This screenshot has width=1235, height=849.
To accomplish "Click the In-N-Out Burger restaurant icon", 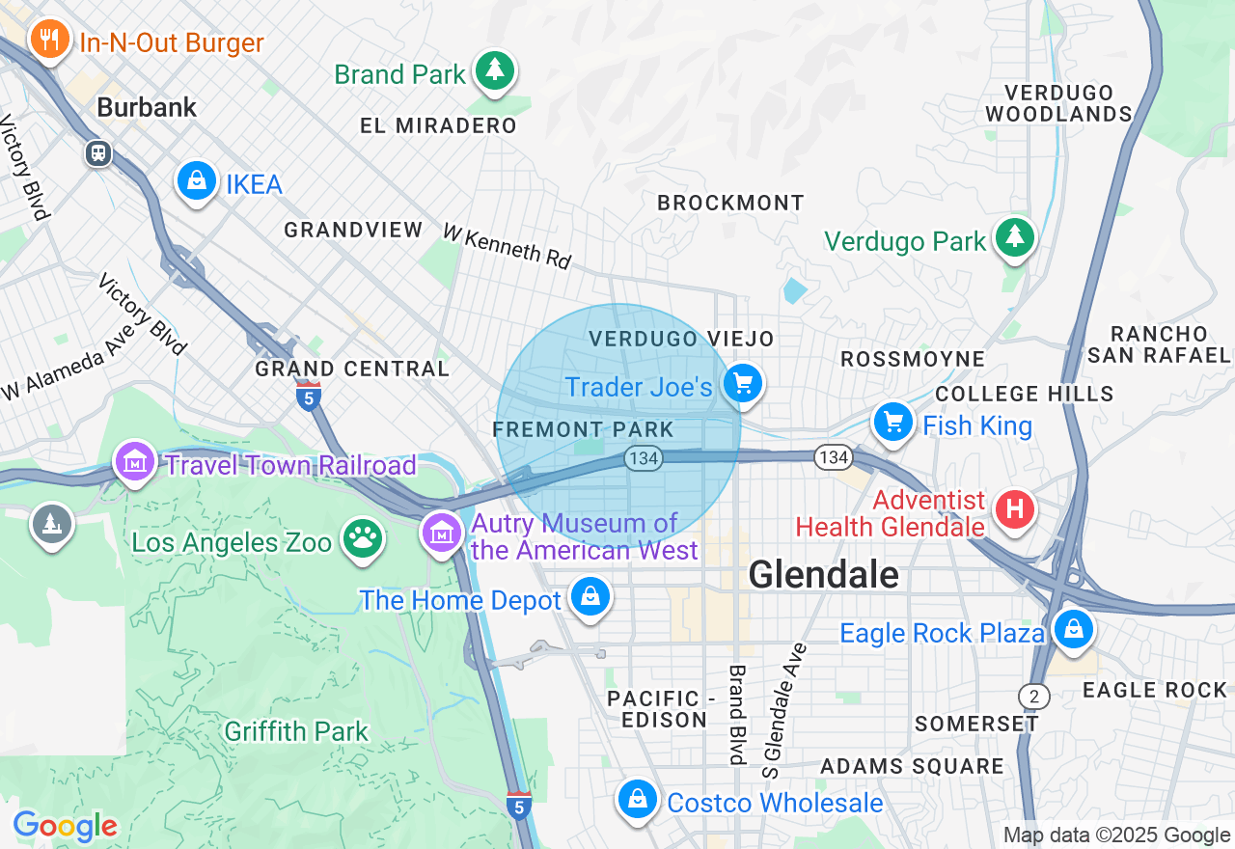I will tap(46, 40).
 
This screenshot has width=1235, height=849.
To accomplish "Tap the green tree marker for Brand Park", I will tap(495, 70).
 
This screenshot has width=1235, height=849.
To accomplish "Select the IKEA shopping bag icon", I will tap(197, 180).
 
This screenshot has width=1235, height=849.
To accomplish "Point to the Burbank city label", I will tap(147, 107).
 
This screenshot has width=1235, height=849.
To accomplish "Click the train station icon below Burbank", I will tap(98, 153).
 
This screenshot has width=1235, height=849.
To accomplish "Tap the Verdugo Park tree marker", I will tap(1013, 236).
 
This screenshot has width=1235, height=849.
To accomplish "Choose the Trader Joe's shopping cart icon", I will tap(742, 385).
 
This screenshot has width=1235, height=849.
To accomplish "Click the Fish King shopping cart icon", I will tap(893, 422).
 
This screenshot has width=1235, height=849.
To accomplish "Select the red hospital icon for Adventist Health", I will tap(1013, 507).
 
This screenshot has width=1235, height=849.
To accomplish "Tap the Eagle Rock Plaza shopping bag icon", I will tap(1072, 630).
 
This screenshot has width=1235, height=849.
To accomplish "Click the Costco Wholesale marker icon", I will tap(637, 799).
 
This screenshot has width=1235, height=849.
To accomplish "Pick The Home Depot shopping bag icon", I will tap(590, 597).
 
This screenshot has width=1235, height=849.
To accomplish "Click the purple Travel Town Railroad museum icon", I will tap(136, 462).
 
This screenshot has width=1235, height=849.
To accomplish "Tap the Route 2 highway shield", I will tap(1033, 697).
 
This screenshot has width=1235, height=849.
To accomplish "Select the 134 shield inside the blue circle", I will tap(643, 458).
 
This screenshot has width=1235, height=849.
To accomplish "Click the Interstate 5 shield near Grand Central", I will tap(309, 397).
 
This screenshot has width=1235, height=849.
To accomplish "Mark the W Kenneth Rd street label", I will tap(507, 246).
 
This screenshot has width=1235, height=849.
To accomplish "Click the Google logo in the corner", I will tap(65, 826).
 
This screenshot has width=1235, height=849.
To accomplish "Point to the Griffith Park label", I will tap(296, 731).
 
